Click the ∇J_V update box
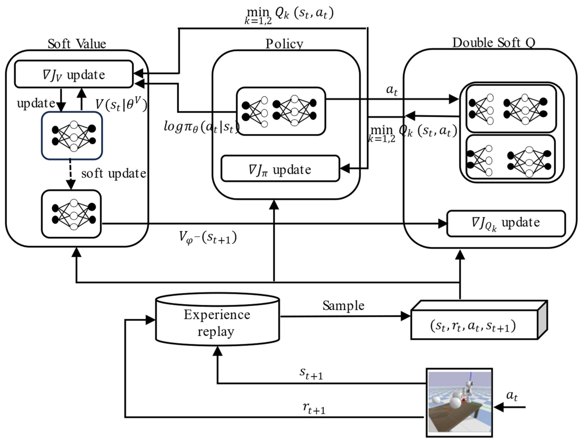tap(74, 74)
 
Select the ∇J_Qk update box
tap(506, 223)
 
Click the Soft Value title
tap(77, 44)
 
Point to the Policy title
tap(284, 44)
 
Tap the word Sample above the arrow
tap(343, 305)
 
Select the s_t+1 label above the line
tap(311, 374)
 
